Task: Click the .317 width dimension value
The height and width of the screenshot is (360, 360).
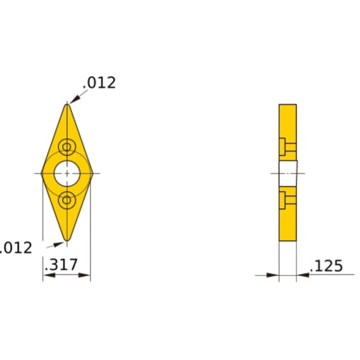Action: tap(60, 266)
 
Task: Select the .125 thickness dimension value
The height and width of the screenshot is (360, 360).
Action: tap(327, 266)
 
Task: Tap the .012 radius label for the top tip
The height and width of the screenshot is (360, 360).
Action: tap(99, 83)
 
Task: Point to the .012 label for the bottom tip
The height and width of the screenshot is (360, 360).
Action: tap(16, 248)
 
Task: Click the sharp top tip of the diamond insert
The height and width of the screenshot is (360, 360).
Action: tap(67, 105)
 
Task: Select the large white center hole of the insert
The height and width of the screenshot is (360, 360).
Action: tap(67, 174)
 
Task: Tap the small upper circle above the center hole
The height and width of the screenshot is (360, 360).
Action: tap(67, 148)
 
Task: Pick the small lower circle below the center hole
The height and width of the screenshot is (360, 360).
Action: tap(67, 199)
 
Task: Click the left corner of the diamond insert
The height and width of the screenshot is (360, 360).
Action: tap(42, 174)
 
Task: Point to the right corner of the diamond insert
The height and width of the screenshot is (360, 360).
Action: tap(91, 174)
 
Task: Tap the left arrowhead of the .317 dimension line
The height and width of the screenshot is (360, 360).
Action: tap(46, 275)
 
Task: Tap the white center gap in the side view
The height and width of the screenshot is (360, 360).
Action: tap(287, 174)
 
